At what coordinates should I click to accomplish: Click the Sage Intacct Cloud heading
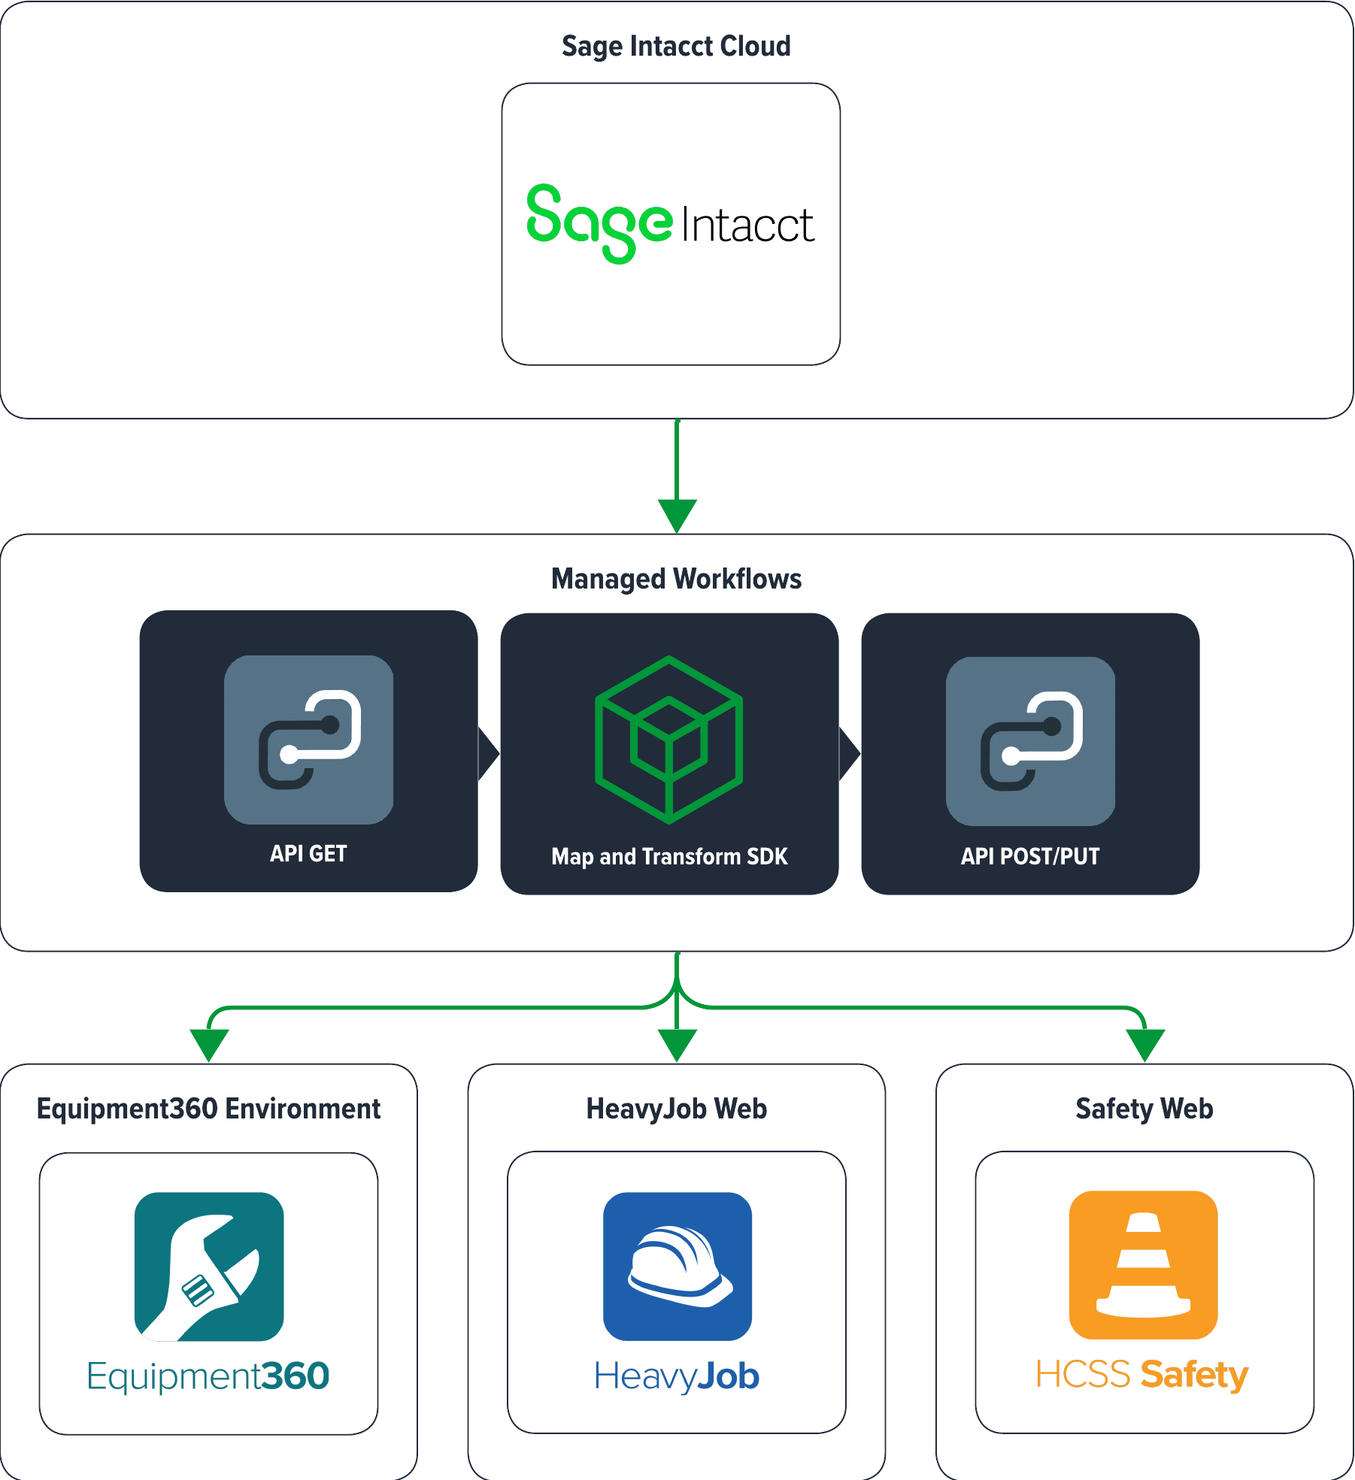click(676, 47)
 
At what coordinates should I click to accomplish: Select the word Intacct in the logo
click(747, 225)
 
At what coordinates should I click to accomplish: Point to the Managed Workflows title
click(676, 579)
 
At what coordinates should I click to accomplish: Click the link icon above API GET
click(308, 740)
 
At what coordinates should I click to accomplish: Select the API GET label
click(308, 854)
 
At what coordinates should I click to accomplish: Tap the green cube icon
click(668, 740)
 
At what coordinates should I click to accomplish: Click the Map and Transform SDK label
click(669, 856)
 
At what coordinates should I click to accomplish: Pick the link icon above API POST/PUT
click(1030, 741)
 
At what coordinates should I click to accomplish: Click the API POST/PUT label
click(1030, 856)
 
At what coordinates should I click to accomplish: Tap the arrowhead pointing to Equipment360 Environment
click(209, 1043)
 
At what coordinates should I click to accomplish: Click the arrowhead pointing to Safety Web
click(1144, 1043)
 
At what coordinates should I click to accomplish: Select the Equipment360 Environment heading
click(208, 1109)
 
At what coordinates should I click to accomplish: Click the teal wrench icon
click(209, 1267)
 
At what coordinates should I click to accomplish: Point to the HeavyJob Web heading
click(676, 1109)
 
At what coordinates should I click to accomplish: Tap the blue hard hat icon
click(677, 1267)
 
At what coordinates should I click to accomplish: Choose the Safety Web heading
click(1144, 1109)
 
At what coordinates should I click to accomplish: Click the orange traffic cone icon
click(1143, 1265)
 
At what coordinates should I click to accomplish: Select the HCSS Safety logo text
click(1141, 1374)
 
